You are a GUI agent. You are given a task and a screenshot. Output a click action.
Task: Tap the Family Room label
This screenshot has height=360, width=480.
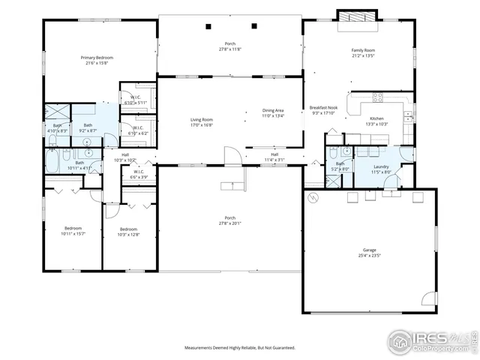(x=362, y=51)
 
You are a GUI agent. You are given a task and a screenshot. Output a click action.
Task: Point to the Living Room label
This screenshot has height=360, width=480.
(x=201, y=120)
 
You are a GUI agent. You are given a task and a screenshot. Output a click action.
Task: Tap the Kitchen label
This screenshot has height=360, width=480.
(x=376, y=119)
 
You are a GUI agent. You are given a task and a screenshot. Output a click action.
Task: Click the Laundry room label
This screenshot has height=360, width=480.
(x=380, y=166)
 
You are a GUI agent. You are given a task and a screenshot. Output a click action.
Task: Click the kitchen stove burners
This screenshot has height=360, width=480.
(x=377, y=97)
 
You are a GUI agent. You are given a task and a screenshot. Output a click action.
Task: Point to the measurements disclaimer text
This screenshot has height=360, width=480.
(x=240, y=347)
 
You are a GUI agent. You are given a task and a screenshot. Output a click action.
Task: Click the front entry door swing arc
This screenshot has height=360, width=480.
(x=234, y=155)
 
